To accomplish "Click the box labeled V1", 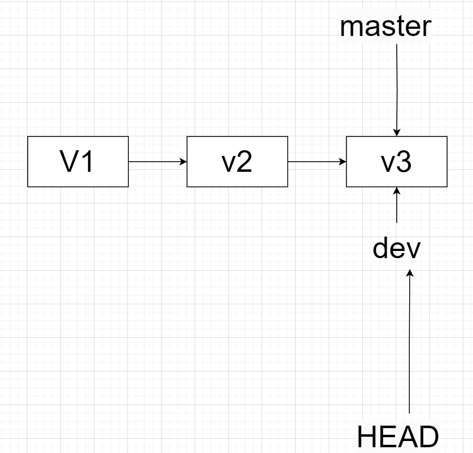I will pyautogui.click(x=78, y=162).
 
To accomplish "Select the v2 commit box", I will pyautogui.click(x=237, y=162).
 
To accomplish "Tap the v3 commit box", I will pyautogui.click(x=397, y=162).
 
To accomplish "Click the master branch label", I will pyautogui.click(x=385, y=27).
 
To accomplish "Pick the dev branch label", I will pyautogui.click(x=397, y=249).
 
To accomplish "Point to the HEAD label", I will pyautogui.click(x=398, y=437).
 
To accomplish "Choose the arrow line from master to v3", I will pyautogui.click(x=397, y=86).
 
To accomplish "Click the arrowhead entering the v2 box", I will pyautogui.click(x=183, y=162).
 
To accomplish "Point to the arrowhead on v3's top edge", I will pyautogui.click(x=397, y=132).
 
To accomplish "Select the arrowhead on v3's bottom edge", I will pyautogui.click(x=397, y=191).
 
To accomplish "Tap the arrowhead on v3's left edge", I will pyautogui.click(x=343, y=162).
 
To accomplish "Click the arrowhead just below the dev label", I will pyautogui.click(x=410, y=273).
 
